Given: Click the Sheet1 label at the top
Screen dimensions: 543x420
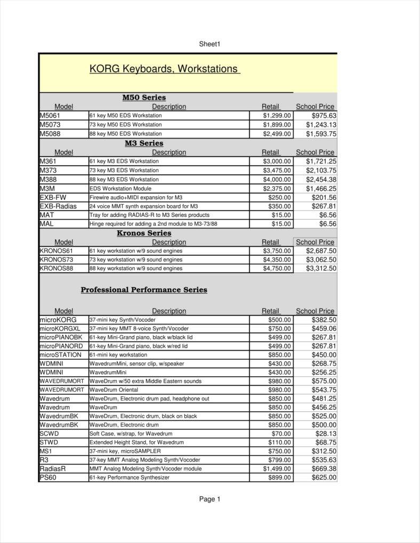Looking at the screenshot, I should click(209, 44).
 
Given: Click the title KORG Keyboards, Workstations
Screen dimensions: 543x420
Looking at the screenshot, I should click(164, 69).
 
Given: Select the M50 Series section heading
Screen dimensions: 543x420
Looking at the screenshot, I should click(144, 98).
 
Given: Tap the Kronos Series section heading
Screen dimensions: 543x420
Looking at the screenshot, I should click(144, 233).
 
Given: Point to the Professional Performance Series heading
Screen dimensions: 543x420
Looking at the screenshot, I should click(144, 290).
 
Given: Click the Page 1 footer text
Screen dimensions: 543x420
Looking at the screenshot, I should click(209, 499).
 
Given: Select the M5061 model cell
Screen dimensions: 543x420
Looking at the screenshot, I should click(50, 116).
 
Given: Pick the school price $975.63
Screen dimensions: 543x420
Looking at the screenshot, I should click(324, 116).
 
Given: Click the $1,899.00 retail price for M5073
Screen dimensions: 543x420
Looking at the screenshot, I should click(277, 125).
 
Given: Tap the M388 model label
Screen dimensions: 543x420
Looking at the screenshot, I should click(48, 180).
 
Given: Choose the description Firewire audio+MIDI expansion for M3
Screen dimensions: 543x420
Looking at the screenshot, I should click(136, 197).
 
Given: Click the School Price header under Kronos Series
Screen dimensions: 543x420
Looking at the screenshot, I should click(315, 242).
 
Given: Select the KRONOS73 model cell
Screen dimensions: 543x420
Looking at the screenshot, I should click(56, 260).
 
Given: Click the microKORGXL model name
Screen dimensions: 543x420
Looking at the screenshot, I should click(60, 329).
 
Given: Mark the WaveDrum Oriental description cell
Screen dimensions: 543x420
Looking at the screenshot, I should click(114, 390).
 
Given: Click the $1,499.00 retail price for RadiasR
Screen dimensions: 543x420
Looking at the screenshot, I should click(277, 469).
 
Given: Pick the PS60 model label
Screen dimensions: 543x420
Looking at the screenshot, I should click(47, 478).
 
